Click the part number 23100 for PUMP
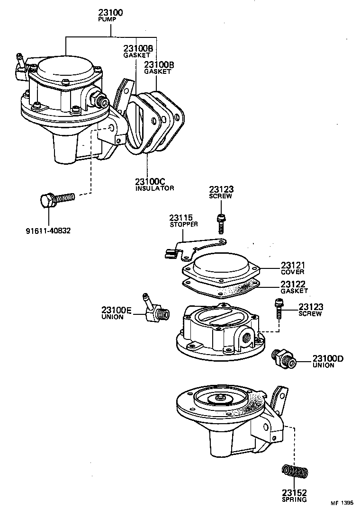(x=111, y=12)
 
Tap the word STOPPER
(x=184, y=224)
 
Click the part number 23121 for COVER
(x=293, y=266)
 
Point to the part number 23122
(x=293, y=284)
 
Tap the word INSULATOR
(x=154, y=188)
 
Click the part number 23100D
(x=328, y=358)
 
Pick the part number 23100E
(x=117, y=310)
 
